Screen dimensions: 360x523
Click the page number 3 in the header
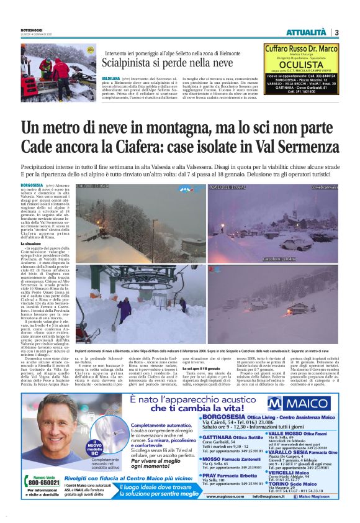336,32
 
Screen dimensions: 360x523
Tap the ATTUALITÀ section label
305,32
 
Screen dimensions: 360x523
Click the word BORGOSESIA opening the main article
32,185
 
